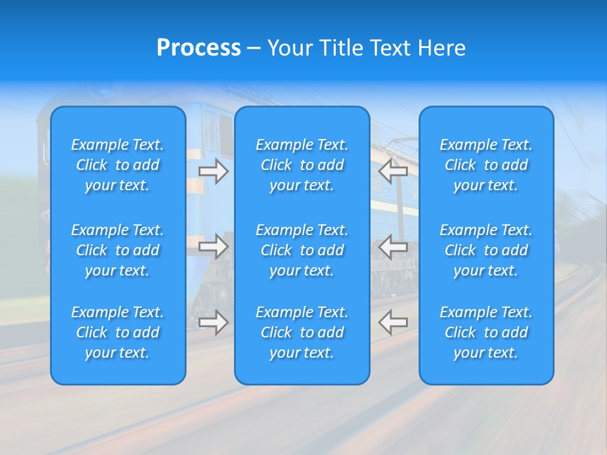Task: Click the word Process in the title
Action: pos(199,48)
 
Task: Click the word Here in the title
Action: pos(442,48)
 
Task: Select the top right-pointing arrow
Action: pos(213,171)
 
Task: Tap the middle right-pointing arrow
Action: pos(213,246)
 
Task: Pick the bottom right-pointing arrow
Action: pos(213,322)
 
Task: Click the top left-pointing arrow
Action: pos(393,171)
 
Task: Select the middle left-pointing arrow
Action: pos(393,246)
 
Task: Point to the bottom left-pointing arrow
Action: pos(393,322)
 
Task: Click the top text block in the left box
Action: pos(118,165)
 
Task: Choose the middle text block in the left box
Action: pos(118,250)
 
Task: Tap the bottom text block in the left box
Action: pos(118,332)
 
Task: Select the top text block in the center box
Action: pos(302,165)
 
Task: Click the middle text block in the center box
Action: pos(302,250)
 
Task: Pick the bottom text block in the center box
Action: pos(302,332)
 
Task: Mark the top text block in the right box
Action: pos(486,165)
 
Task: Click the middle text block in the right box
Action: pos(486,250)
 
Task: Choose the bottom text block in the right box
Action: pos(486,332)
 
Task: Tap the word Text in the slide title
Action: pos(392,48)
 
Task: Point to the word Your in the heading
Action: pos(289,48)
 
